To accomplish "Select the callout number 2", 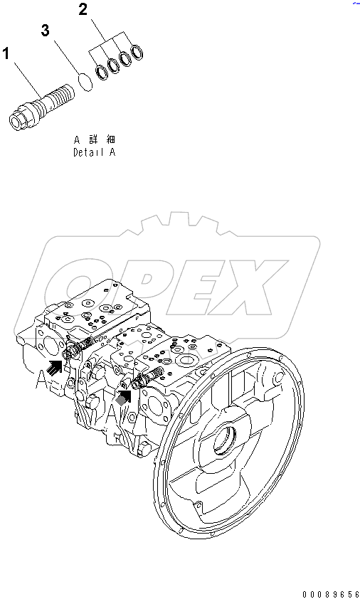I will [83, 10].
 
